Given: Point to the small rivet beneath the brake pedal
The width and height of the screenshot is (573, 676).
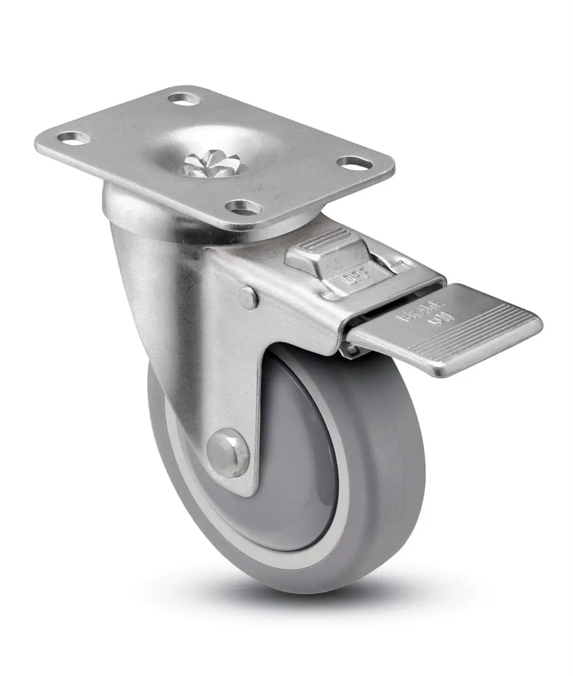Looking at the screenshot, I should (x=352, y=351).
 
